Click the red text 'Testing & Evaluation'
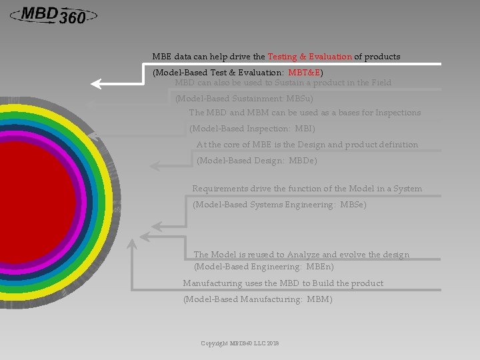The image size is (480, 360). click(x=309, y=57)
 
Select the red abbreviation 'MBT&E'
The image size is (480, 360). click(x=305, y=72)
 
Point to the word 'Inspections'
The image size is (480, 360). click(x=398, y=113)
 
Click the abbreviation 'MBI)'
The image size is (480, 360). click(x=305, y=129)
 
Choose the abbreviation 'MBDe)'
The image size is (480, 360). click(x=303, y=161)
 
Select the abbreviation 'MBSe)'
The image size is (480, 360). click(x=353, y=205)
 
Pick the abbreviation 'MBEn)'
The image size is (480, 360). click(x=319, y=267)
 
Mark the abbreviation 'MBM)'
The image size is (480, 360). click(x=319, y=299)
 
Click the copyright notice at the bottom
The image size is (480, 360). click(x=240, y=343)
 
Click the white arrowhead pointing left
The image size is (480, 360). click(x=99, y=83)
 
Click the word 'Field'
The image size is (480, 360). click(x=381, y=83)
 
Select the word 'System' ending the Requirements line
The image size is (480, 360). click(x=407, y=189)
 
